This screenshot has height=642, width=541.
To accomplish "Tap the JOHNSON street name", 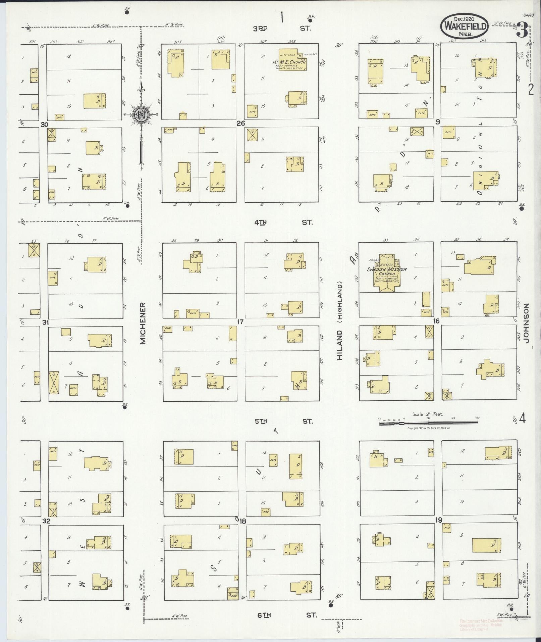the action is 526,323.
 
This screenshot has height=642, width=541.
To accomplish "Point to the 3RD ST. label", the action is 282,29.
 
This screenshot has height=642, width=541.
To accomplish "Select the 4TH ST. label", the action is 283,222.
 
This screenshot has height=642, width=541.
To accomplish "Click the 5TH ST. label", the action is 284,421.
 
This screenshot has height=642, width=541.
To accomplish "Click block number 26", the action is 240,123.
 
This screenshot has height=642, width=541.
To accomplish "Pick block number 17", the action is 240,322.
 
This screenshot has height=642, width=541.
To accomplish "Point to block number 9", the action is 437,122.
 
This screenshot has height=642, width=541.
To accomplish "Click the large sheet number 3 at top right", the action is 522,29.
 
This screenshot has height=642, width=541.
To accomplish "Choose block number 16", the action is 436,321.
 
